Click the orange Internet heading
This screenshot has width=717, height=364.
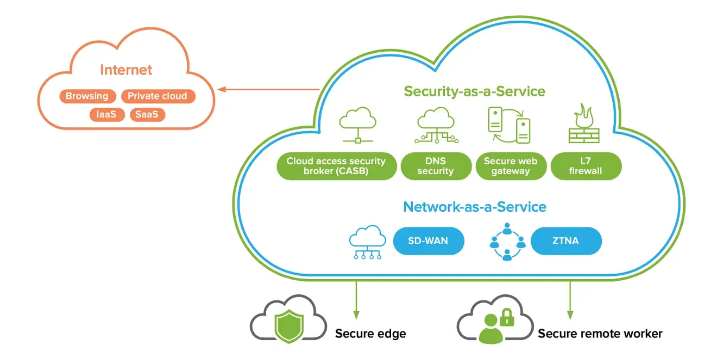[x=126, y=70]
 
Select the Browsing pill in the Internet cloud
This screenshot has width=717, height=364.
[x=87, y=96]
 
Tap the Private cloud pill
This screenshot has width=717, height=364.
[x=157, y=96]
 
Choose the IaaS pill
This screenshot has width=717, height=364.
[x=107, y=115]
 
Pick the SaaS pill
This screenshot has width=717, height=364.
[x=147, y=115]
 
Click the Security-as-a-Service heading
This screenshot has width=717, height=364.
[x=474, y=91]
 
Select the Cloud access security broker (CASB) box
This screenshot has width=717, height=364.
[x=336, y=166]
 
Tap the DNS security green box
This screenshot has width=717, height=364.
[x=436, y=166]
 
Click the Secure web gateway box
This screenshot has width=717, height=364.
[x=510, y=166]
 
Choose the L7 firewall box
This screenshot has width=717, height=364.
[x=586, y=166]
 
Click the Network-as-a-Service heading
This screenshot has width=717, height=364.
[x=474, y=207]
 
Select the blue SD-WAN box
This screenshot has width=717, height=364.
[x=428, y=240]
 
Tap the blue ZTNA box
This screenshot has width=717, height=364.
[x=566, y=240]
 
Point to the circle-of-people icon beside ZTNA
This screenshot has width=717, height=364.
[x=507, y=241]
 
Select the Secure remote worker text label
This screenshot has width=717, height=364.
[x=600, y=333]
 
